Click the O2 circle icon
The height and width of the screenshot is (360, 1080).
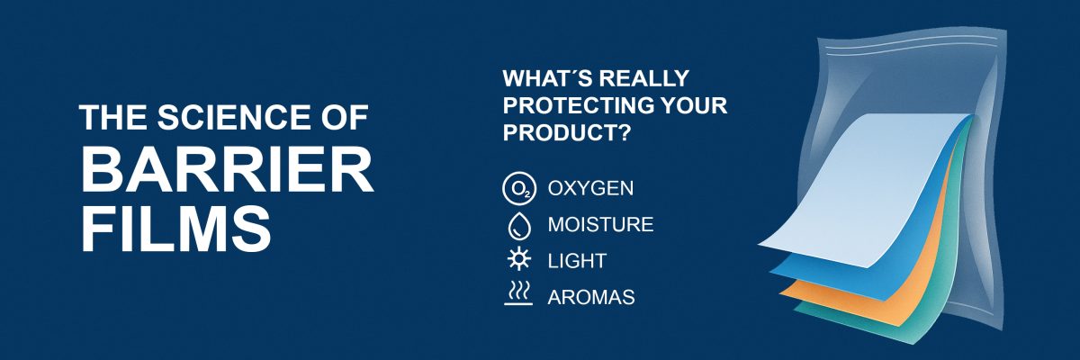pyautogui.click(x=517, y=189)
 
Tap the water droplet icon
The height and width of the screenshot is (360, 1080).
pyautogui.click(x=517, y=225)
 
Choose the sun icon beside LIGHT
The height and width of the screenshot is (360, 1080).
pyautogui.click(x=517, y=261)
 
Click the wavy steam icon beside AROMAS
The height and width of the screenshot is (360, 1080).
pyautogui.click(x=517, y=294)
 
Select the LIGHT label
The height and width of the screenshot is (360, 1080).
pyautogui.click(x=577, y=261)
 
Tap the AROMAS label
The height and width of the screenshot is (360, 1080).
pyautogui.click(x=591, y=296)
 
